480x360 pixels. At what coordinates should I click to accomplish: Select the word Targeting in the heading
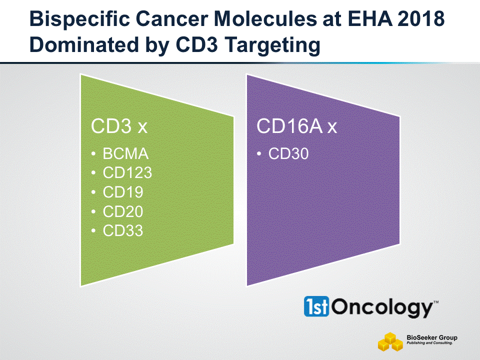[x=272, y=45]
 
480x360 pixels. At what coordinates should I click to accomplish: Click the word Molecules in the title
[x=265, y=18]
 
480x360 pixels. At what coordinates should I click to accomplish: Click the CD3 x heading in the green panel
[x=119, y=126]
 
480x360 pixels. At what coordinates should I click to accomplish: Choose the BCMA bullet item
[x=125, y=153]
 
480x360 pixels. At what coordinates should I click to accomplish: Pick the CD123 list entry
[x=127, y=172]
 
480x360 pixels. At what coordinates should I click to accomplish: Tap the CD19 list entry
[x=123, y=192]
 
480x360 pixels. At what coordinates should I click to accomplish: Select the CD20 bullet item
[x=123, y=211]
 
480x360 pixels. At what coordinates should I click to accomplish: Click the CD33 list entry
[x=123, y=231]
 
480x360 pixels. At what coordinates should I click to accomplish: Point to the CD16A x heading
[x=296, y=126]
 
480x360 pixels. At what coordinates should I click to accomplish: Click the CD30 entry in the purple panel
[x=288, y=153]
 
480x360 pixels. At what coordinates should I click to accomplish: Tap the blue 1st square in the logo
[x=316, y=306]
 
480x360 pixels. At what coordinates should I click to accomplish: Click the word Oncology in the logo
[x=382, y=307]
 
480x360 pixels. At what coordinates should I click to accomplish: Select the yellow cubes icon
[x=390, y=341]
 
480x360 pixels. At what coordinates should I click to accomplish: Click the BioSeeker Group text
[x=432, y=337]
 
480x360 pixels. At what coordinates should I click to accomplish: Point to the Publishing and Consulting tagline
[x=429, y=343]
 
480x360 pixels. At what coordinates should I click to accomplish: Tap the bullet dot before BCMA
[x=93, y=154]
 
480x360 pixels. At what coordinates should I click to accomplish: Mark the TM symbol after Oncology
[x=436, y=302]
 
